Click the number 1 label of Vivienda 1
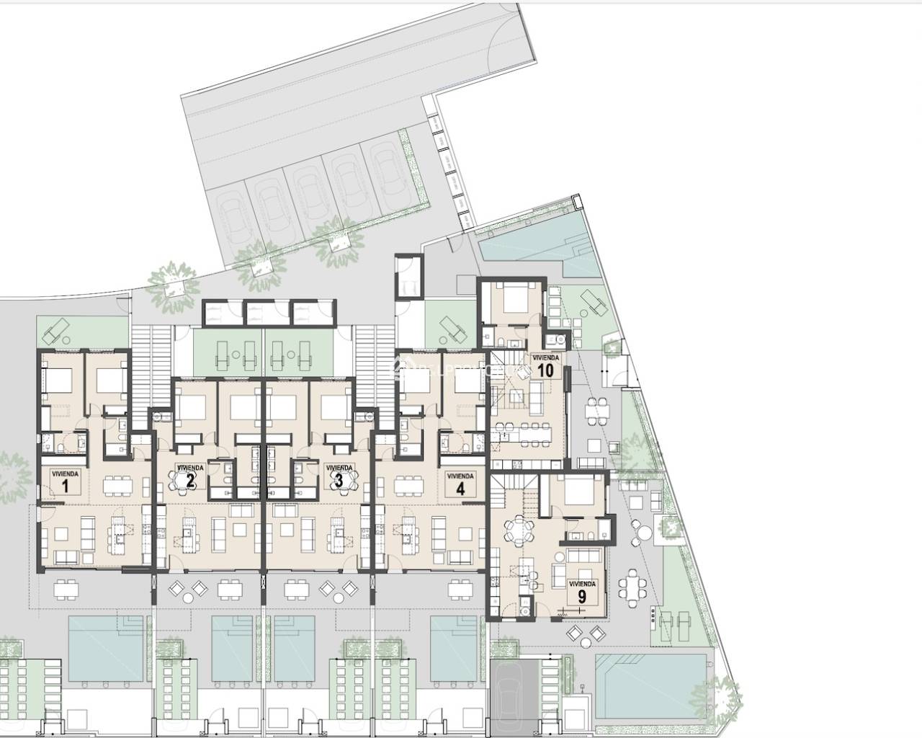(65, 486)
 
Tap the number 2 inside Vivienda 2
(190, 481)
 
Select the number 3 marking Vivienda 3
(339, 481)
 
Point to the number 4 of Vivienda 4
(459, 487)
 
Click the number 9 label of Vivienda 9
(582, 596)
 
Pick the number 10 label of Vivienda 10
(545, 371)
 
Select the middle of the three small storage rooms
(264, 312)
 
